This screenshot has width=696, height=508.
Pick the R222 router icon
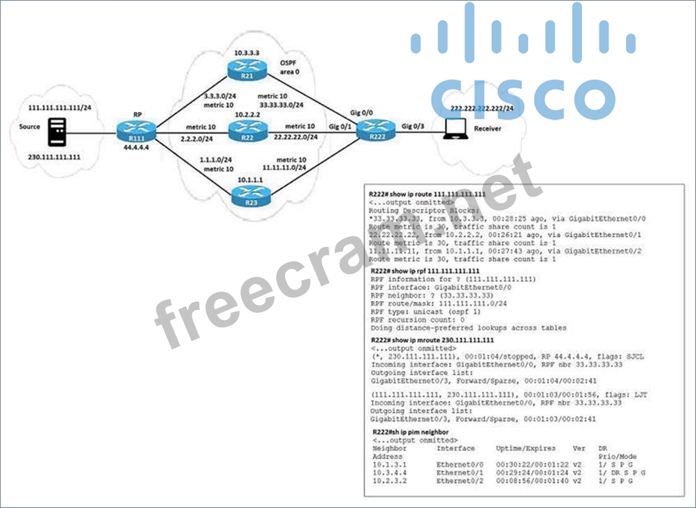(374, 131)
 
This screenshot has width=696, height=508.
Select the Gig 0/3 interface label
(414, 127)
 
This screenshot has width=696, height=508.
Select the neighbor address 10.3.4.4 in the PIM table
(389, 472)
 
